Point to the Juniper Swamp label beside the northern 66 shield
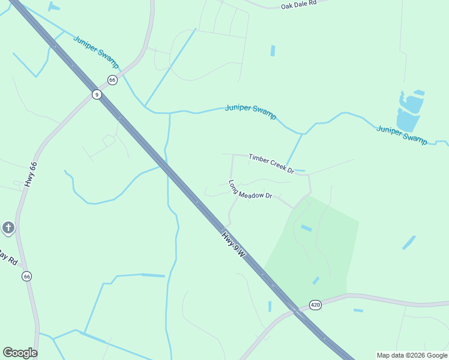pos(96,52)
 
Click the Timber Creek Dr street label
pos(271,163)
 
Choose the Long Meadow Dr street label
pos(250,190)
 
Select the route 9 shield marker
pos(96,94)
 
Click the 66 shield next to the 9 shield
pos(112,80)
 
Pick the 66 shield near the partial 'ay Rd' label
pos(26,276)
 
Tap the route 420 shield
pos(316,305)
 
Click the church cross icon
pos(8,227)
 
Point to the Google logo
pos(20,353)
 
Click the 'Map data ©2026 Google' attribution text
pos(412,355)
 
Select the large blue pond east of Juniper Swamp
pos(409,112)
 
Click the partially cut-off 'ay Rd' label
pos(8,259)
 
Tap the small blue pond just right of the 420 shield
pos(358,310)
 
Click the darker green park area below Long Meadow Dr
pos(312,252)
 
